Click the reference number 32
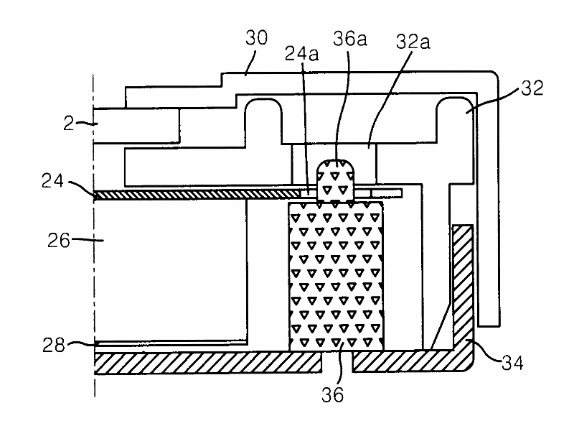tap(532, 89)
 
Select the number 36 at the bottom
tap(333, 394)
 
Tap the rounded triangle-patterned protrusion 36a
tap(335, 180)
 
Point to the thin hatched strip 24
tap(194, 194)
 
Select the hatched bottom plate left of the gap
tap(208, 363)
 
